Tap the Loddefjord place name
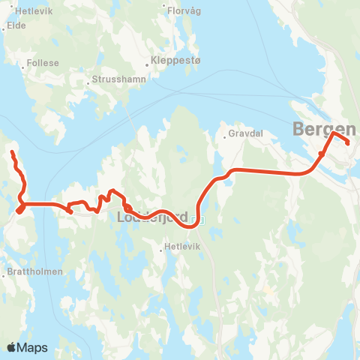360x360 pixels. [152, 217]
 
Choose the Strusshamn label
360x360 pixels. [119, 79]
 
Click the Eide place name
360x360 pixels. [16, 25]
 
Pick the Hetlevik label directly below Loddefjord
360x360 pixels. [184, 245]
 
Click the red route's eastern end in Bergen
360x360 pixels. [348, 143]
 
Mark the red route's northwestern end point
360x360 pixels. [12, 153]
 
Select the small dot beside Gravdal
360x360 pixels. [224, 136]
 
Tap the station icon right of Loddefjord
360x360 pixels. [196, 220]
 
